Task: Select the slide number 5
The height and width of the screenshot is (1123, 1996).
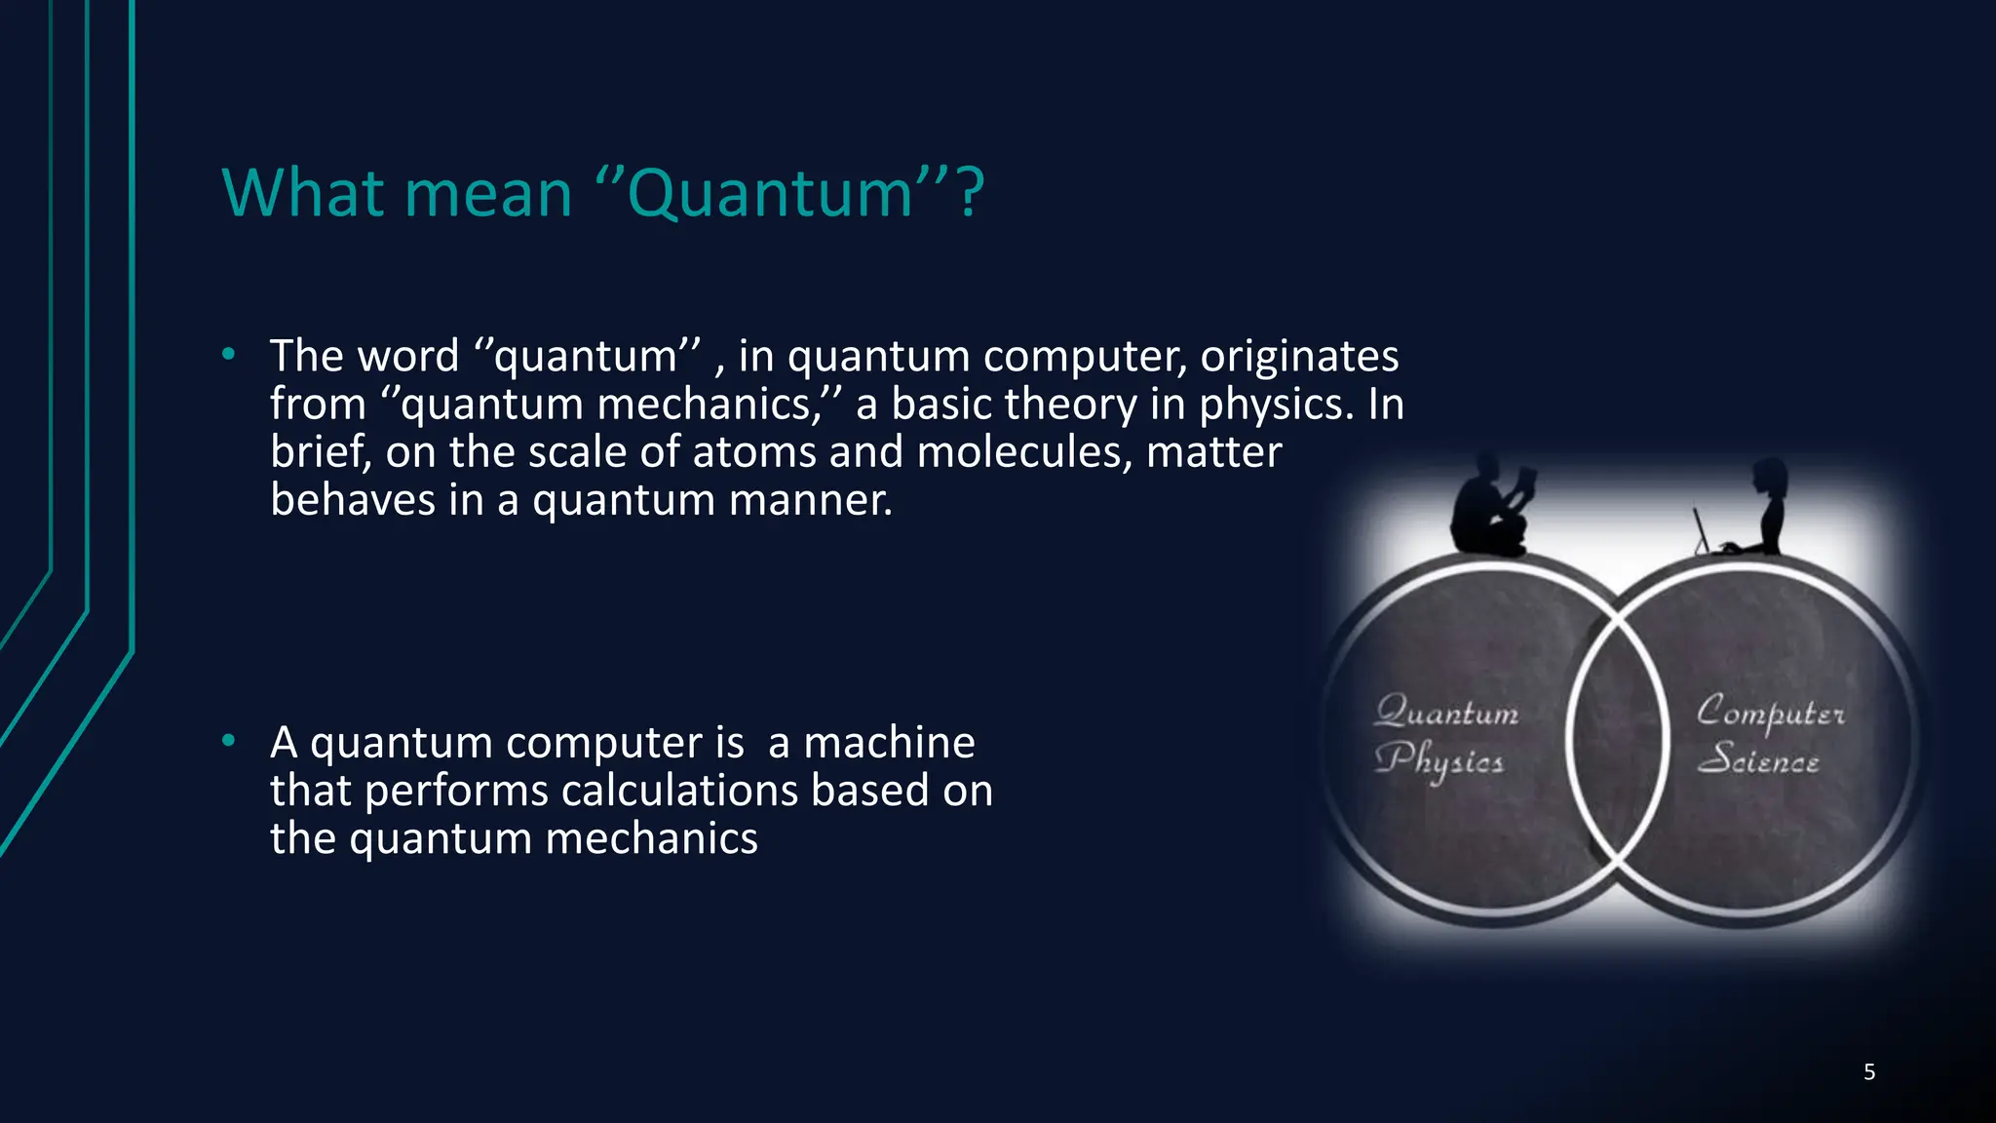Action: pyautogui.click(x=1868, y=1072)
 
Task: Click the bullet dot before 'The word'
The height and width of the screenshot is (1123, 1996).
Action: pyautogui.click(x=228, y=355)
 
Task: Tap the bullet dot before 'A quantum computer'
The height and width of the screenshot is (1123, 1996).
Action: pyautogui.click(x=228, y=742)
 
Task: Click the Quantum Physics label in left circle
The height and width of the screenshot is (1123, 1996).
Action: pyautogui.click(x=1444, y=736)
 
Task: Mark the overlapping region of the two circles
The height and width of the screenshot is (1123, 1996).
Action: pyautogui.click(x=1619, y=741)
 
